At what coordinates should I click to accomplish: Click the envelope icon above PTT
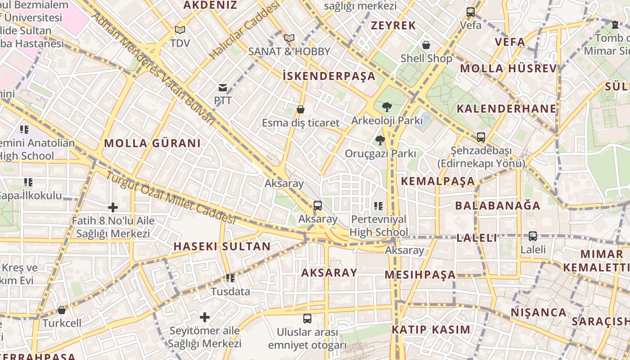pyautogui.click(x=223, y=87)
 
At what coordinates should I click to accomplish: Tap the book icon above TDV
pyautogui.click(x=180, y=30)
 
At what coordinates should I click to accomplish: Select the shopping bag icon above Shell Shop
pyautogui.click(x=426, y=45)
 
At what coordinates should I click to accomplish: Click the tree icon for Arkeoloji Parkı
pyautogui.click(x=386, y=107)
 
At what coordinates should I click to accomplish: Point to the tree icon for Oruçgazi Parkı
pyautogui.click(x=380, y=140)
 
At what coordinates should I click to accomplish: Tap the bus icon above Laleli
pyautogui.click(x=533, y=236)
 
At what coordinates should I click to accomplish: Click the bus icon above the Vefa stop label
pyautogui.click(x=471, y=12)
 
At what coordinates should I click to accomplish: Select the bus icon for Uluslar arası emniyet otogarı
pyautogui.click(x=307, y=319)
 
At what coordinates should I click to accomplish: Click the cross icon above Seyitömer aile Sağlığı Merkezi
pyautogui.click(x=205, y=317)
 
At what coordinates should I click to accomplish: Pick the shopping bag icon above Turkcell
pyautogui.click(x=62, y=310)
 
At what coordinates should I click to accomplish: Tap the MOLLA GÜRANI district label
pyautogui.click(x=152, y=144)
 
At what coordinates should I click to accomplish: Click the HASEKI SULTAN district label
pyautogui.click(x=222, y=247)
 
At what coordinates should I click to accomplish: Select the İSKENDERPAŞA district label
pyautogui.click(x=329, y=76)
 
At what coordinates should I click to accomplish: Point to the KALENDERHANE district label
pyautogui.click(x=506, y=109)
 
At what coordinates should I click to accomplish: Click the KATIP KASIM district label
pyautogui.click(x=431, y=329)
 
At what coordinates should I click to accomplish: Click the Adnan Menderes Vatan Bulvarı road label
pyautogui.click(x=153, y=67)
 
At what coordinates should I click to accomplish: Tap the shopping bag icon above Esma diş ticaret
pyautogui.click(x=301, y=109)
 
